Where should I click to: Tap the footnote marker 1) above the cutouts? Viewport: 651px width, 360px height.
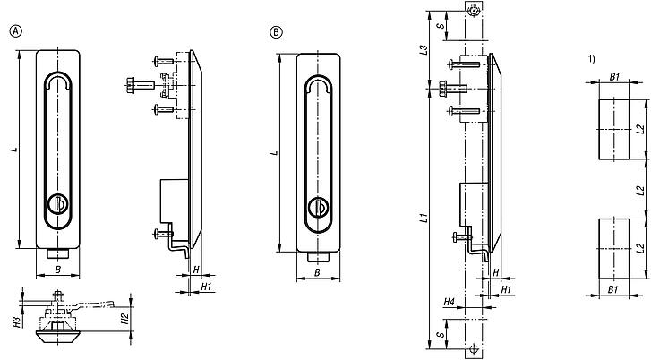coord(591,59)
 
